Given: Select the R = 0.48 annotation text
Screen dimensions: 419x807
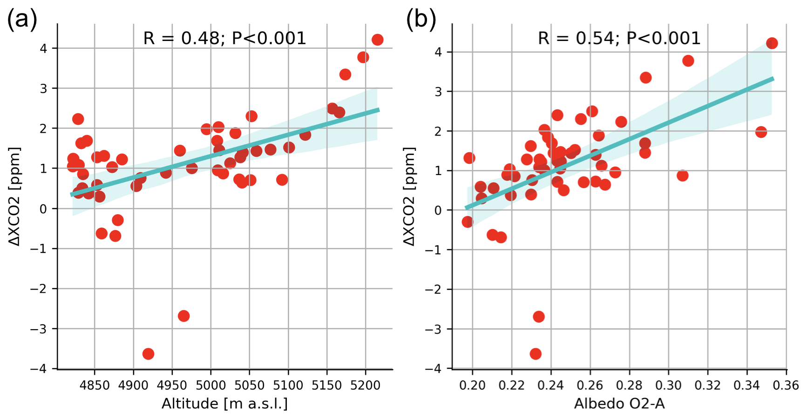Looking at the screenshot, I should pyautogui.click(x=224, y=38).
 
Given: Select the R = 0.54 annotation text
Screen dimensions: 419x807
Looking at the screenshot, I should pyautogui.click(x=619, y=38).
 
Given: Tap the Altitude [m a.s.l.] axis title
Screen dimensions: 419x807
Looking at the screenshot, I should pyautogui.click(x=224, y=404).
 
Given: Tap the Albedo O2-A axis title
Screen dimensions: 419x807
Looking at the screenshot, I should pyautogui.click(x=619, y=404).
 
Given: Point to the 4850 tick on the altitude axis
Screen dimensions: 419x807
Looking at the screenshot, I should pyautogui.click(x=95, y=385).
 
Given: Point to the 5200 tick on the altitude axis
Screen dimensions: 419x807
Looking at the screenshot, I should pyautogui.click(x=365, y=385).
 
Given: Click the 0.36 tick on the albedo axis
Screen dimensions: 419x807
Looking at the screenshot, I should pyautogui.click(x=786, y=385).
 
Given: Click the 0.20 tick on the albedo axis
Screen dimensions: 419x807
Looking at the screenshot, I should pyautogui.click(x=472, y=385).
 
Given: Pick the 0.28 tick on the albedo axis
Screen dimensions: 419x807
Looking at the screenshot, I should pyautogui.click(x=629, y=385).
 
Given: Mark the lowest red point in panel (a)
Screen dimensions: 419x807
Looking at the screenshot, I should pyautogui.click(x=148, y=354).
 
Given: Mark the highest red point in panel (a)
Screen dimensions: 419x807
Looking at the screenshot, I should pyautogui.click(x=377, y=40).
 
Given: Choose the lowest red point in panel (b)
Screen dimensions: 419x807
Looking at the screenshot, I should pyautogui.click(x=536, y=354).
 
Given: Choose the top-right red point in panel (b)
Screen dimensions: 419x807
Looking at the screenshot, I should pyautogui.click(x=772, y=43).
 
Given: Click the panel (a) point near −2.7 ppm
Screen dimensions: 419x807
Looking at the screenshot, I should pyautogui.click(x=183, y=316).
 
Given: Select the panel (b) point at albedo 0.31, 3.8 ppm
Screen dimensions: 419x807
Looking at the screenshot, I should pyautogui.click(x=688, y=61).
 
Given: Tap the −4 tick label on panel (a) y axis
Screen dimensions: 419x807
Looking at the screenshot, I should pyautogui.click(x=41, y=369).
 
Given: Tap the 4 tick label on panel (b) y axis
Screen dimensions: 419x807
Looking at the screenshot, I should pyautogui.click(x=438, y=52).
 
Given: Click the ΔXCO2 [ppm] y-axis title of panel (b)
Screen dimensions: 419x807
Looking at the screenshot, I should pyautogui.click(x=409, y=196).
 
